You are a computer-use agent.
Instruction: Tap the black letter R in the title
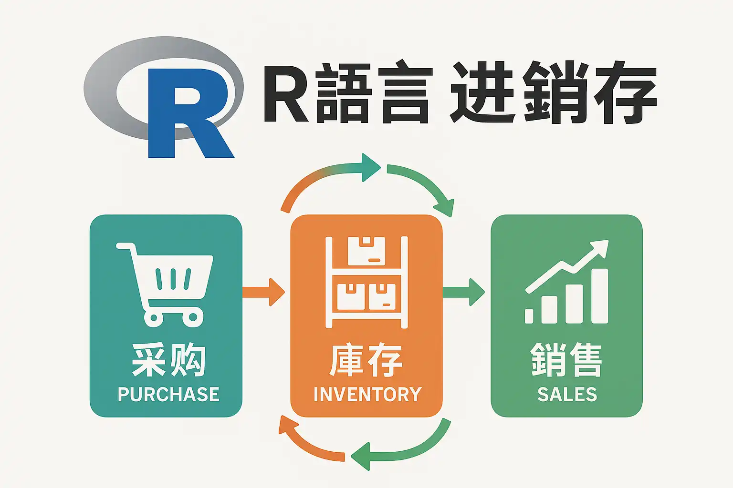point(285,93)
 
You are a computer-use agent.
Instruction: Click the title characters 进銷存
point(554,93)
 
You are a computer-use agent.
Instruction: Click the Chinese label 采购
point(168,361)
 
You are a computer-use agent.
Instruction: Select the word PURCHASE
point(168,395)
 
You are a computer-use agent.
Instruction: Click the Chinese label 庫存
point(366,361)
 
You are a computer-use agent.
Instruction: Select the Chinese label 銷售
point(566,361)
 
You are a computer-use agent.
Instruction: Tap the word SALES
point(567,395)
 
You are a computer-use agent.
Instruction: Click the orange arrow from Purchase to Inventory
point(265,292)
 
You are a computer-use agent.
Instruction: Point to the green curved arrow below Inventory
point(406,450)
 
